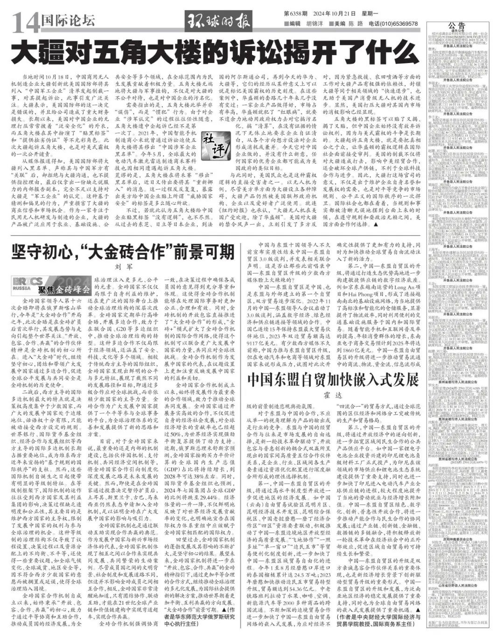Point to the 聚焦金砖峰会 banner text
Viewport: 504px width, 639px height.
point(63,289)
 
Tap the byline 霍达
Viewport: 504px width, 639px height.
point(334,395)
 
